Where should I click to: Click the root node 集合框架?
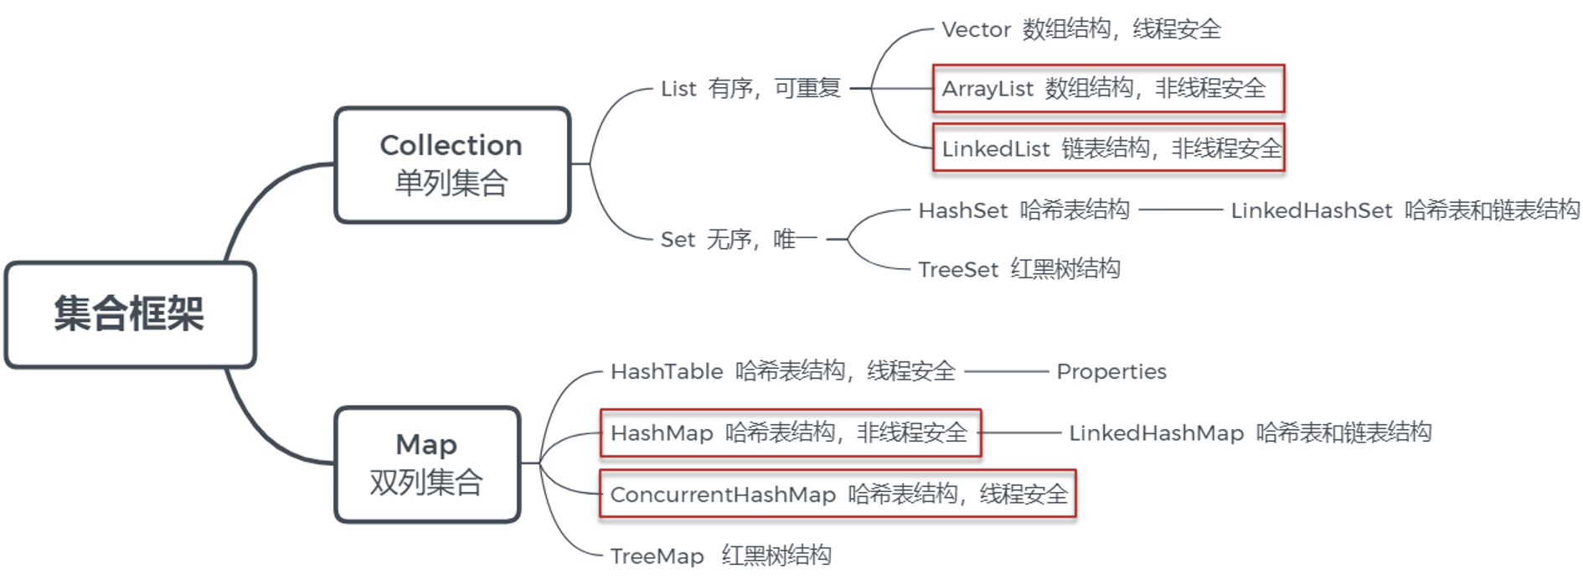click(130, 314)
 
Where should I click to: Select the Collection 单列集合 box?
click(451, 164)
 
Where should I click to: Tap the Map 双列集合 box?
click(426, 463)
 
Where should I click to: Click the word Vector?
click(976, 30)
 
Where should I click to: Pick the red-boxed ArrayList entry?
click(1107, 89)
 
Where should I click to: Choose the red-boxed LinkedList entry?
click(1107, 148)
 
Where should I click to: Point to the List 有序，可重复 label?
click(750, 89)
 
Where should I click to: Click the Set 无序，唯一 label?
click(738, 240)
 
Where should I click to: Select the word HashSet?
click(962, 210)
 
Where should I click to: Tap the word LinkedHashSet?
click(1311, 210)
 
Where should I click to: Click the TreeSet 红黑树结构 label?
click(1018, 270)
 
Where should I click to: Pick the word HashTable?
click(667, 371)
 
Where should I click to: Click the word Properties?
click(1111, 371)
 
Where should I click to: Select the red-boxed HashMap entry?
click(789, 432)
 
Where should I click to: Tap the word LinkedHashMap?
click(1156, 433)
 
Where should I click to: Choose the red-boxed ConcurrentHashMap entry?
click(838, 495)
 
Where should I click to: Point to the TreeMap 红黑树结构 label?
click(720, 556)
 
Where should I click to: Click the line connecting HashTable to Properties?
click(1006, 371)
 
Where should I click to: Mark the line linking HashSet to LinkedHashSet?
click(1180, 210)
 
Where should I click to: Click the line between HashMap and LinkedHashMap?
click(1022, 432)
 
